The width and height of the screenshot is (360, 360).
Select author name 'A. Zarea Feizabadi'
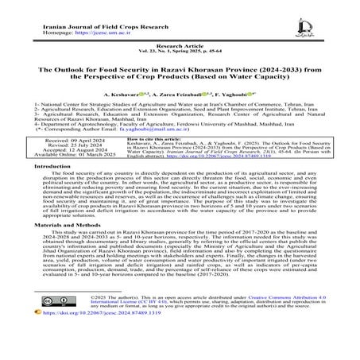180,94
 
